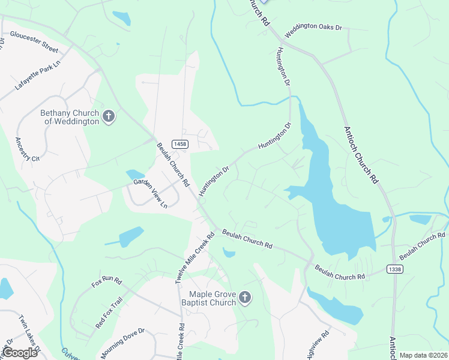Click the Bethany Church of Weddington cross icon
point(109,116)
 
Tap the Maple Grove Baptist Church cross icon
point(244,297)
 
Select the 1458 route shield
point(179,144)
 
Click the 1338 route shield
point(394,269)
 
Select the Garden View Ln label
point(150,193)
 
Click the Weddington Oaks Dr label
point(313,31)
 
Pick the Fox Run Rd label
point(107,281)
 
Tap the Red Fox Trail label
point(109,313)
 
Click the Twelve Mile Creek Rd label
point(195,259)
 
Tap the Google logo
point(20,352)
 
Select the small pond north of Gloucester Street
point(122,18)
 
